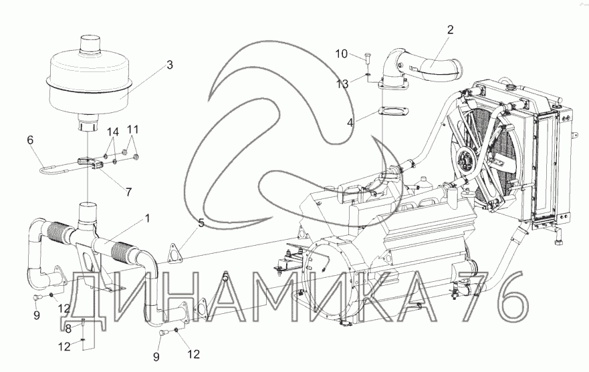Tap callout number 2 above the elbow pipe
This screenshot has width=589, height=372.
(x=450, y=30)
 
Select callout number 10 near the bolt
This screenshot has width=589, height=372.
(x=341, y=53)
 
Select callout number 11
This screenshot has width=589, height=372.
(x=133, y=128)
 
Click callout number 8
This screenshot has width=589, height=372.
(x=68, y=328)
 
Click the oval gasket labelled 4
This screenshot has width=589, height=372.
(x=390, y=111)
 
